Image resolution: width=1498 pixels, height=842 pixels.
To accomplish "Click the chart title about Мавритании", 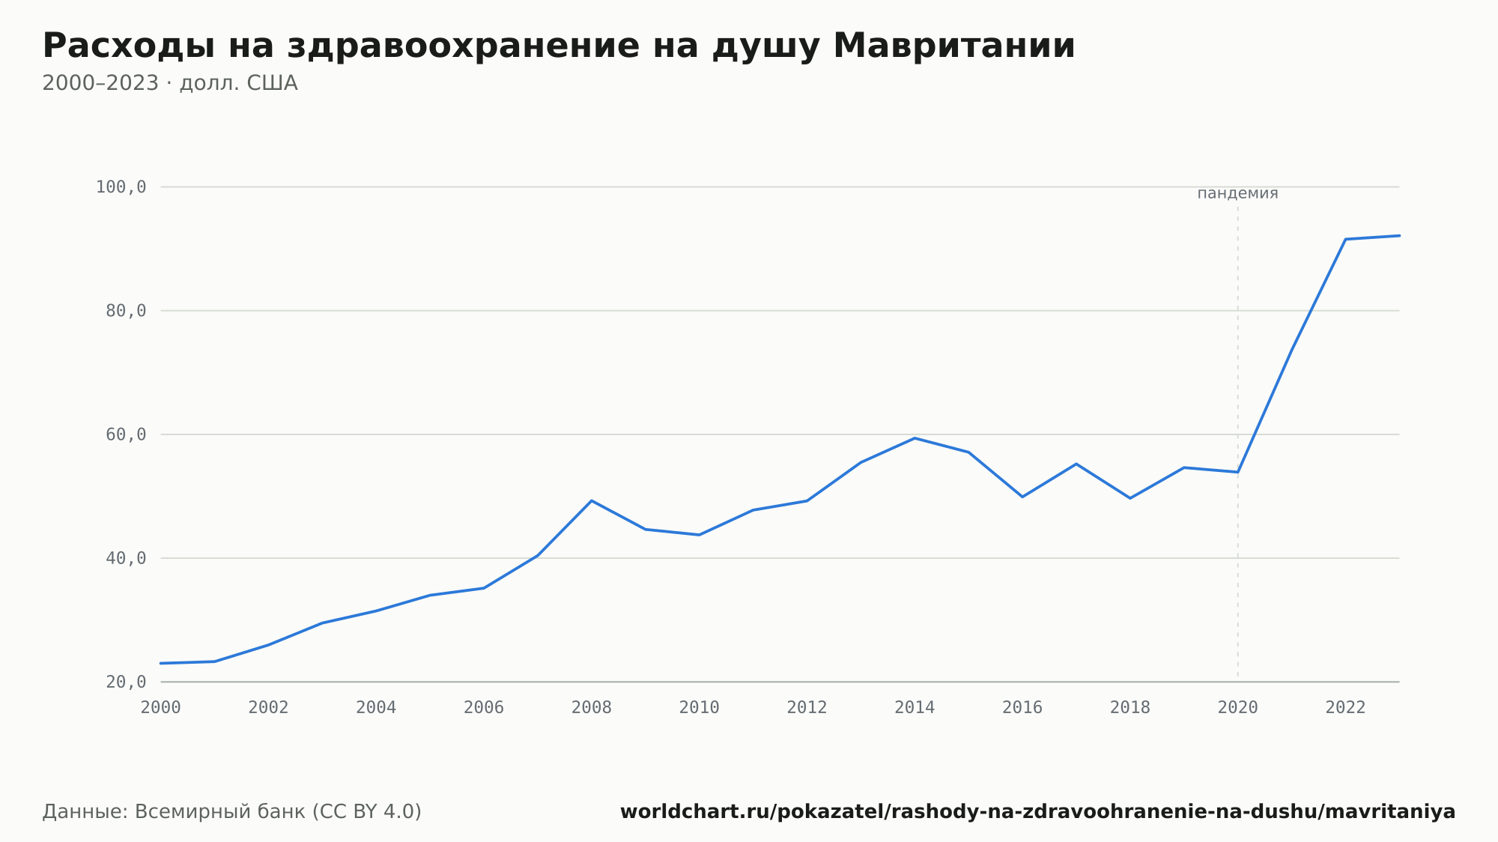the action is (x=559, y=46).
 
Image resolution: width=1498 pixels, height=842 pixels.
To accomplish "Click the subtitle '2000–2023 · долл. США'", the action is (x=170, y=83).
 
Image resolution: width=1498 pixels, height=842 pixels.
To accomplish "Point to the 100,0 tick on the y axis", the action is (x=121, y=187).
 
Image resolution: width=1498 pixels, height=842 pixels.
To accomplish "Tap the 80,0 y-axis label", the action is (x=126, y=311).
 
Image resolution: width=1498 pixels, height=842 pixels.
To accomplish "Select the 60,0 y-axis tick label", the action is (x=126, y=434).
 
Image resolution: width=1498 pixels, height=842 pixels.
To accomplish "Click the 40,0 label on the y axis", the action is (x=126, y=558).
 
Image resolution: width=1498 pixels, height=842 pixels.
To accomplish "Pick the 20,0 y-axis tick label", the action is (x=126, y=682).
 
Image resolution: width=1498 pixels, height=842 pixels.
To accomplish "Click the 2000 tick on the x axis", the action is (x=161, y=708).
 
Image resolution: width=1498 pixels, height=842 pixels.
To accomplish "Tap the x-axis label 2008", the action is (x=592, y=708).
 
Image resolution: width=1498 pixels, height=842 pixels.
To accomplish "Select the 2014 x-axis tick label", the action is (x=915, y=708).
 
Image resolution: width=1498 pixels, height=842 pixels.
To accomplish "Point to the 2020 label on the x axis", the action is (x=1238, y=708).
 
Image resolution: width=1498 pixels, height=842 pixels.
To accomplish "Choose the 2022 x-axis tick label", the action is (x=1346, y=708).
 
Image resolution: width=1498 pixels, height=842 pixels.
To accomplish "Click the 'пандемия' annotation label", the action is (x=1238, y=193).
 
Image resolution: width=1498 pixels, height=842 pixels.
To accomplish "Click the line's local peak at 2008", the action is (x=592, y=500).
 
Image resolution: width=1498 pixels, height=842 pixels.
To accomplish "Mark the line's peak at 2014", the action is (x=915, y=438).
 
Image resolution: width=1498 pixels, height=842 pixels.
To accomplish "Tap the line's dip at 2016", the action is (x=1022, y=497).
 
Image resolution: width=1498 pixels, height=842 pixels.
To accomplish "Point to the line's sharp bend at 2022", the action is (x=1346, y=239).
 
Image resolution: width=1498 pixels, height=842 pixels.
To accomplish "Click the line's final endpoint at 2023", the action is (x=1399, y=236).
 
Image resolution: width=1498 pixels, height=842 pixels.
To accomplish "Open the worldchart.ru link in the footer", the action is (x=1038, y=812).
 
